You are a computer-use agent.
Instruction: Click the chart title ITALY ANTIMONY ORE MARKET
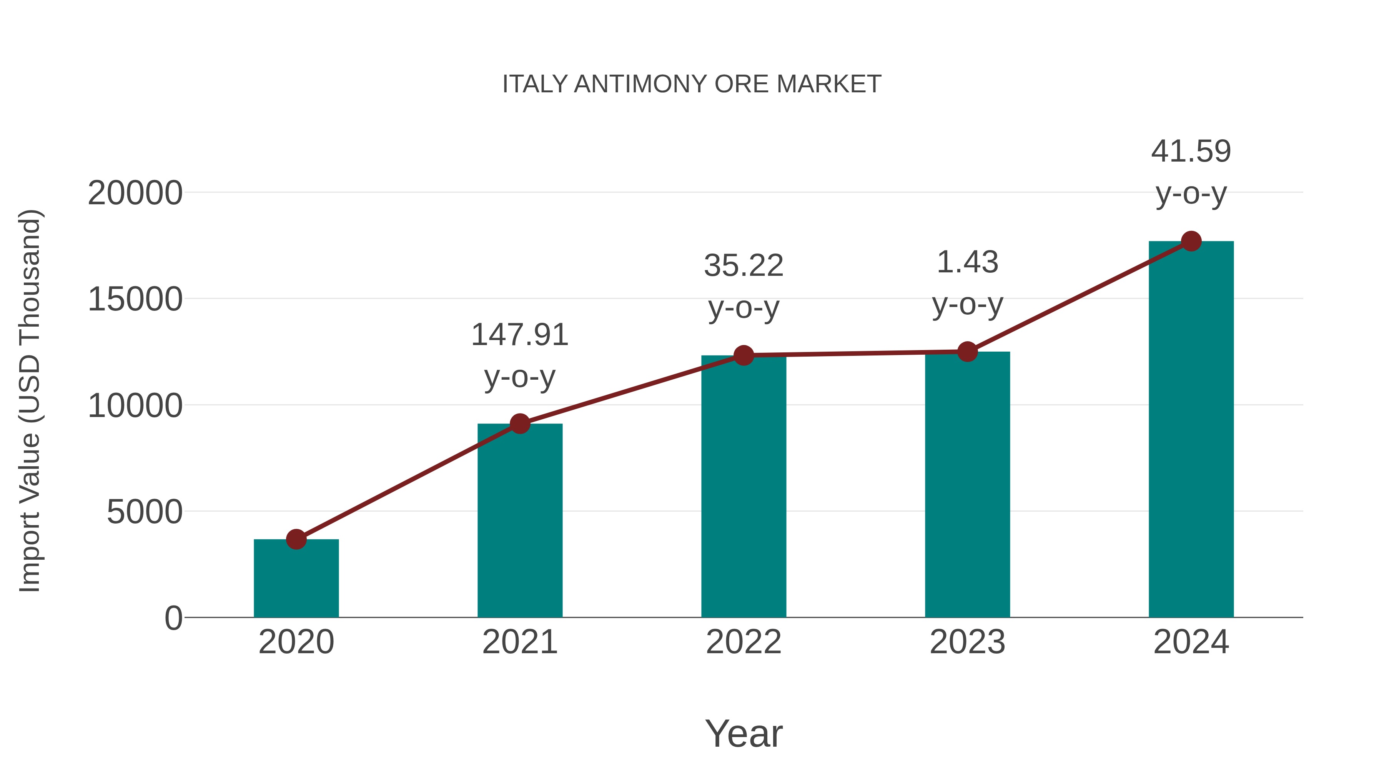[692, 84]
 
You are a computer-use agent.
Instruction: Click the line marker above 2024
[1191, 241]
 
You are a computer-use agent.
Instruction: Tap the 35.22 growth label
[744, 266]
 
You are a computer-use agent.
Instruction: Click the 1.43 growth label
[967, 263]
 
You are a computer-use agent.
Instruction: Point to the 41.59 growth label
[1191, 152]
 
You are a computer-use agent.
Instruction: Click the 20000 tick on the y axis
[135, 193]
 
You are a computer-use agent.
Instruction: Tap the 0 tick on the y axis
[173, 618]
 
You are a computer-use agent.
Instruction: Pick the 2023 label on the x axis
[967, 642]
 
